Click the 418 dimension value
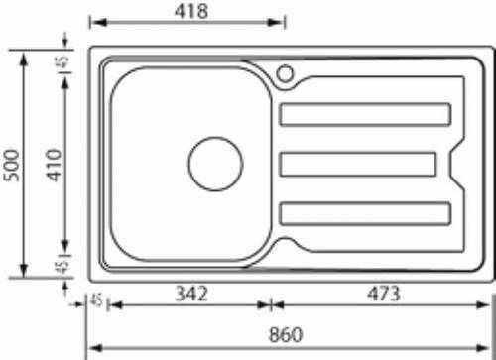click(191, 11)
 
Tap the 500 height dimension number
click(11, 166)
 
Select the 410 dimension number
click(54, 165)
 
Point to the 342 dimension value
click(191, 294)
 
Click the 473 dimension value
click(384, 294)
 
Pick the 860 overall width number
click(286, 334)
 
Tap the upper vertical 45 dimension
click(63, 61)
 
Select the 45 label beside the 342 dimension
click(96, 300)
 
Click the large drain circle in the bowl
click(215, 137)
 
